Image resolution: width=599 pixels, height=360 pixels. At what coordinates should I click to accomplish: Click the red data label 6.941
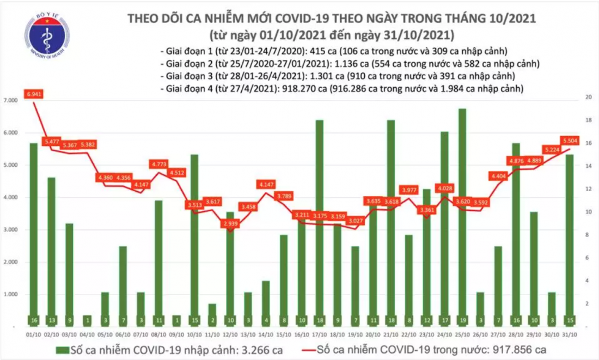pyautogui.click(x=34, y=94)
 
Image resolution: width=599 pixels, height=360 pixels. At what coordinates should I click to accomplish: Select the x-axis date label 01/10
pyautogui.click(x=33, y=335)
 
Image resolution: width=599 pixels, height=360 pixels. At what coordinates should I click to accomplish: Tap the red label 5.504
pyautogui.click(x=570, y=139)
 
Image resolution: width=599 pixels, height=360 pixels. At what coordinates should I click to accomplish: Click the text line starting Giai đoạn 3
pyautogui.click(x=338, y=76)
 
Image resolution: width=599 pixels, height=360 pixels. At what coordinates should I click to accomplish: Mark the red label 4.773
pyautogui.click(x=158, y=163)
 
